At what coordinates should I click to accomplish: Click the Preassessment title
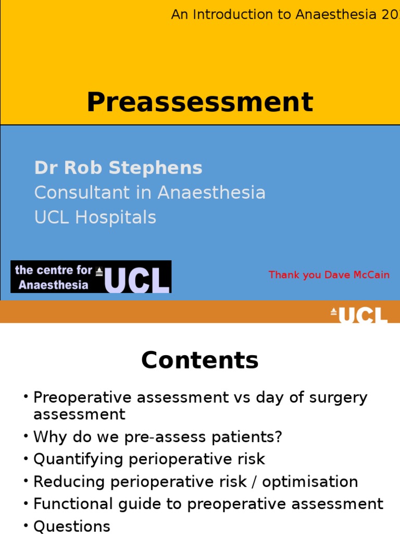pos(200,102)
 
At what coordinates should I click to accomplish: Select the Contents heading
pos(200,360)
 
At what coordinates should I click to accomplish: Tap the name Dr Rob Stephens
pos(118,168)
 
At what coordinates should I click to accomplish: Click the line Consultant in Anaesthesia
pos(150,192)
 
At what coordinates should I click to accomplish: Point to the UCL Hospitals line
pos(95,217)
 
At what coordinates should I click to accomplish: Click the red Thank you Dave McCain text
pos(329,275)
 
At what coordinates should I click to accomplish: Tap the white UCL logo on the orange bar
pos(359,315)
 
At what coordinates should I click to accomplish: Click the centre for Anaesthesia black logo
pos(91,277)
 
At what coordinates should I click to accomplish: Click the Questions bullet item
pos(72,526)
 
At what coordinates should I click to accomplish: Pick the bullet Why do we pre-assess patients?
pos(158,436)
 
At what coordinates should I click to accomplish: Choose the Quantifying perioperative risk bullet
pos(149,459)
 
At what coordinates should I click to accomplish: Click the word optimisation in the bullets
pos(310,481)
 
